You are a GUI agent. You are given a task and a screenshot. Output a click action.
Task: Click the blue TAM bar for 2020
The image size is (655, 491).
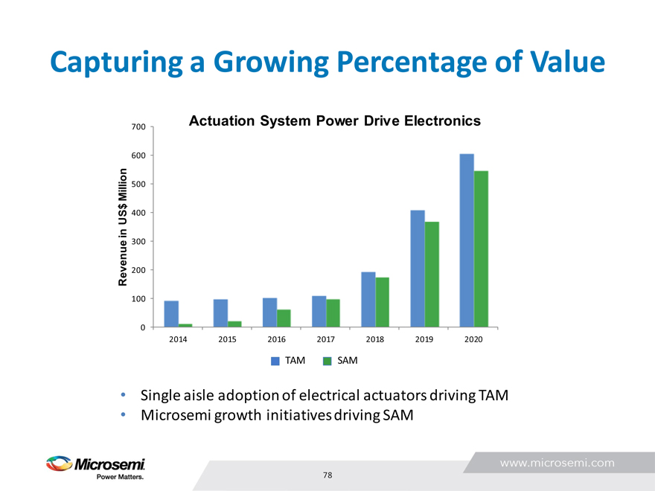click(x=467, y=240)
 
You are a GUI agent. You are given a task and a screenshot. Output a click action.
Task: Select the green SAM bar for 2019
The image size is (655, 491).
click(x=432, y=274)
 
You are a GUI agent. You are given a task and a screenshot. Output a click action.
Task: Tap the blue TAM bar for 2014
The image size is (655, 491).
click(x=171, y=314)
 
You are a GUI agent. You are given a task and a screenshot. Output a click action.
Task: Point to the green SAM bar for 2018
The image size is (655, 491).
click(x=383, y=302)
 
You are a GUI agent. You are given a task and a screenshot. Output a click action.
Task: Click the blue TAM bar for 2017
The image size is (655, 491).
click(x=319, y=312)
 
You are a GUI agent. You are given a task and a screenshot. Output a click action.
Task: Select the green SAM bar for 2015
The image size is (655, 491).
click(x=234, y=324)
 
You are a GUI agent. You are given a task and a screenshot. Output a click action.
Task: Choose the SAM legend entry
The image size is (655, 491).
click(x=340, y=361)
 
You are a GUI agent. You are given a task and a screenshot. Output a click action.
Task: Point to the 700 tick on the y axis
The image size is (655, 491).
click(x=137, y=127)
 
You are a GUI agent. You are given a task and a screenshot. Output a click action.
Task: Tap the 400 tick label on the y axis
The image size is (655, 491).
click(x=137, y=213)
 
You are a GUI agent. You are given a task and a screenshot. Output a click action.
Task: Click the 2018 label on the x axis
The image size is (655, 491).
click(x=375, y=338)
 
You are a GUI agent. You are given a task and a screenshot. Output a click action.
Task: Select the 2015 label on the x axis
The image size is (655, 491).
click(x=227, y=338)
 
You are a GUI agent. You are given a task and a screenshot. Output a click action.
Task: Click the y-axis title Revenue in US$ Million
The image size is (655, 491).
click(x=124, y=227)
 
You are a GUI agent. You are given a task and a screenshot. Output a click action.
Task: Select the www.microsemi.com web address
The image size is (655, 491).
click(x=557, y=462)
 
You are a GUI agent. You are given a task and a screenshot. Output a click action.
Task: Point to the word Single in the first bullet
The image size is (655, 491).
click(x=162, y=395)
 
